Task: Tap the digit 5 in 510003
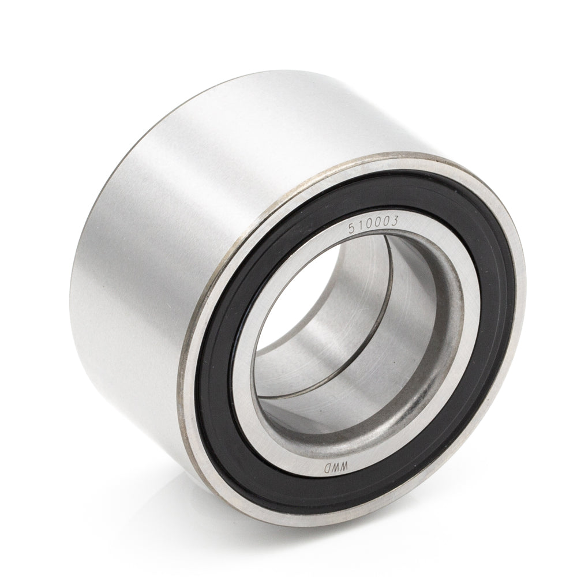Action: (x=352, y=229)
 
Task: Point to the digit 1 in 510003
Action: (x=358, y=226)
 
